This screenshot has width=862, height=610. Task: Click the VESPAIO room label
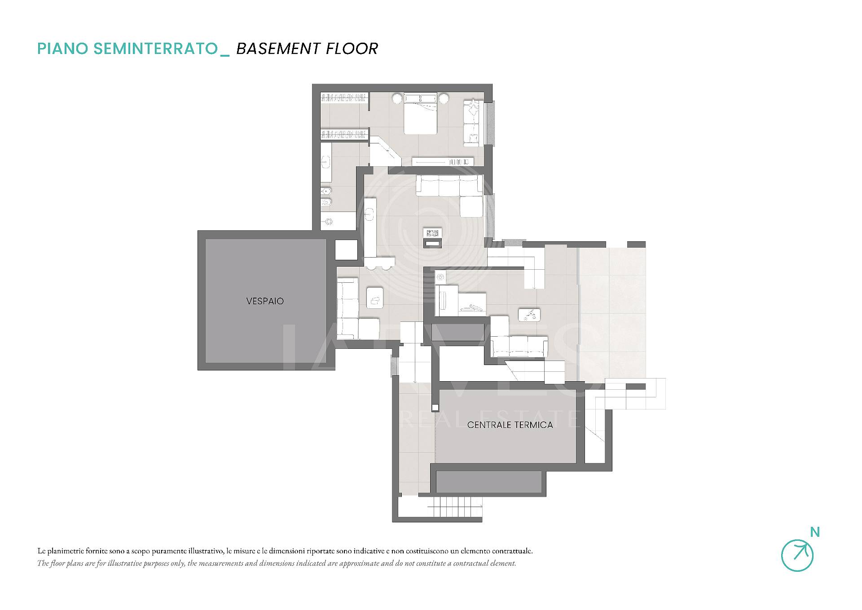[x=265, y=301]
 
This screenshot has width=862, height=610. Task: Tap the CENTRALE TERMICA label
[x=510, y=425]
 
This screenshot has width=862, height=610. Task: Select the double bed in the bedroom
[x=420, y=114]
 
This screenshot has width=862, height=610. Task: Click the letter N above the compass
[x=815, y=532]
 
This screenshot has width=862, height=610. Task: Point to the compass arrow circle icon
[x=797, y=556]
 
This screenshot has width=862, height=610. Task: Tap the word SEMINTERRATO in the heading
[x=155, y=49]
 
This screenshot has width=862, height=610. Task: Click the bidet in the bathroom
[x=326, y=192]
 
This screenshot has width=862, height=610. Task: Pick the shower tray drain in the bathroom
[x=329, y=222]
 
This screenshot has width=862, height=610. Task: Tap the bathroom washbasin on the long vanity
[x=325, y=162]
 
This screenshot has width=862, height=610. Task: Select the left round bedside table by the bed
[x=397, y=98]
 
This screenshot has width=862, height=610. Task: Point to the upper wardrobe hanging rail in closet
[x=345, y=97]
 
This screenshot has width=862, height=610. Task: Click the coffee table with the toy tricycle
[x=529, y=315]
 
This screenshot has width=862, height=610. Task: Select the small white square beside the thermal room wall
[x=435, y=408]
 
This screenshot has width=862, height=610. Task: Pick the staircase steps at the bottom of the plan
[x=457, y=508]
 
